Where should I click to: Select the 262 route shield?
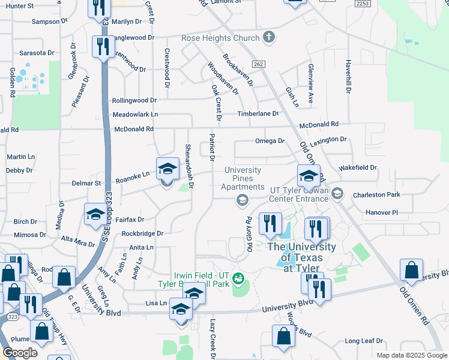[259, 64]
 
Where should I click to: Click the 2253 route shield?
[362, 4]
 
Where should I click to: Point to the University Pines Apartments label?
[243, 178]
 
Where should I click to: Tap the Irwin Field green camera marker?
[239, 277]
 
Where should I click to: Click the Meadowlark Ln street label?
[135, 114]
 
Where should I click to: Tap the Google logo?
[20, 353]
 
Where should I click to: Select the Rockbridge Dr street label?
[142, 233]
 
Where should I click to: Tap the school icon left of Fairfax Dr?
[95, 214]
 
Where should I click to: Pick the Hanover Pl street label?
[382, 212]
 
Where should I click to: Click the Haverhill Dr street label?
[348, 76]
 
